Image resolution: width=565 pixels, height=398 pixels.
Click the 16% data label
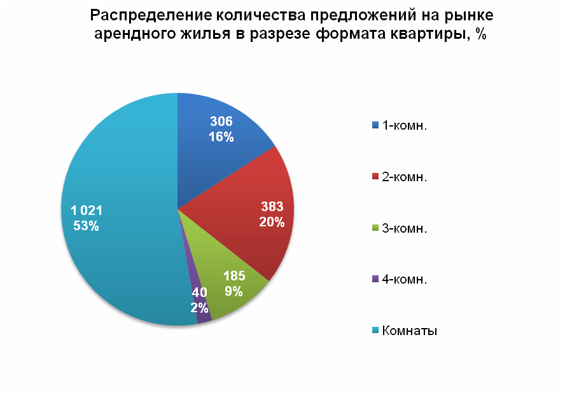pyautogui.click(x=221, y=137)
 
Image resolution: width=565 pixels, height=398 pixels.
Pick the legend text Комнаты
pyautogui.click(x=409, y=331)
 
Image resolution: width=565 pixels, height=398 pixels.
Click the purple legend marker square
pyautogui.click(x=375, y=278)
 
